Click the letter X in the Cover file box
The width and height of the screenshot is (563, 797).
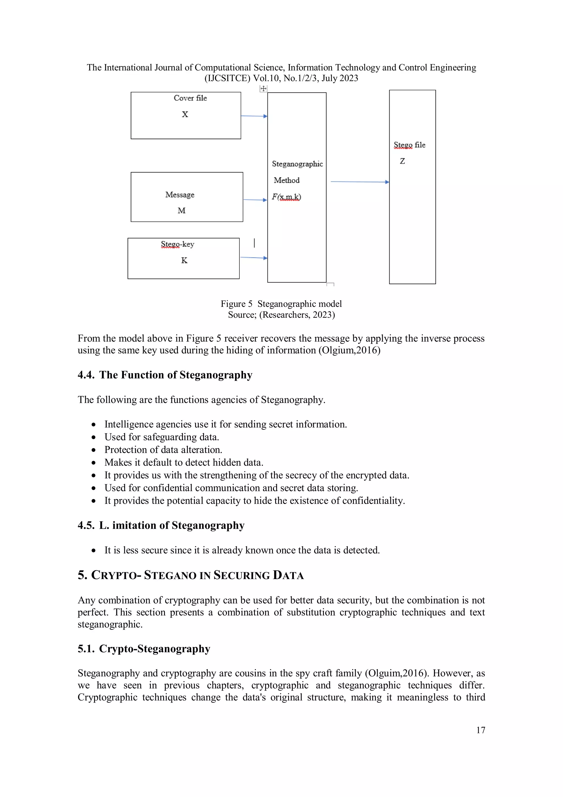click(185, 114)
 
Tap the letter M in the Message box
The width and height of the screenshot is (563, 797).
click(181, 210)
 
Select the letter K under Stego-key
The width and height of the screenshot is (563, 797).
click(184, 260)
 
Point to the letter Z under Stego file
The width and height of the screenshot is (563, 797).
click(402, 161)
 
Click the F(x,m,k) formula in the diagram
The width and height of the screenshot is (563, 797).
click(286, 197)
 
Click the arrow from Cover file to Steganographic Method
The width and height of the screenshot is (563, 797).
click(254, 116)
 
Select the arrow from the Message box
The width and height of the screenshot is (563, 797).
click(255, 200)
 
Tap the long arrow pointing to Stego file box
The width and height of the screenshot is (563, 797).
click(360, 182)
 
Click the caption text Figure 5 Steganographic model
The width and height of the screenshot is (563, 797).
click(281, 304)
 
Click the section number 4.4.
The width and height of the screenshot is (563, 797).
click(86, 375)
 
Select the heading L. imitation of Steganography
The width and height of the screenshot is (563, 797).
click(172, 525)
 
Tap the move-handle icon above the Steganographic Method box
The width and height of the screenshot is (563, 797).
click(263, 89)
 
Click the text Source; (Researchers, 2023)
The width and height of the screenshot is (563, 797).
click(281, 314)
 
